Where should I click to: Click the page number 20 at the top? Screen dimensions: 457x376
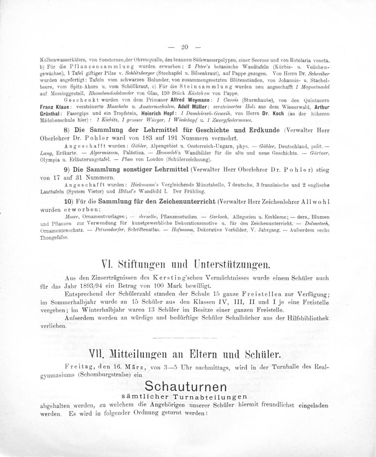pos(184,47)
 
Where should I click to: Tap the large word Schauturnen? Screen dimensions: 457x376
pos(185,386)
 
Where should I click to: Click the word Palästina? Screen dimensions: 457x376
pos(125,153)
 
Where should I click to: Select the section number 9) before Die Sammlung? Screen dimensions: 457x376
pos(68,169)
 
